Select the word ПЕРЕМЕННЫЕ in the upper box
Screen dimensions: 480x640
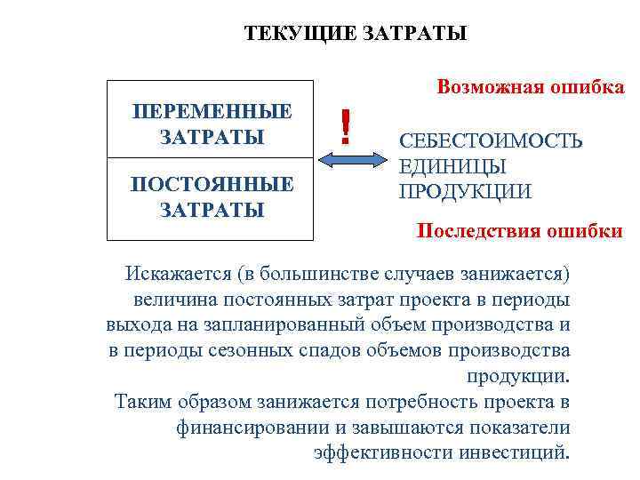(x=211, y=113)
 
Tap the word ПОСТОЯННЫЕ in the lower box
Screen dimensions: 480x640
(x=211, y=185)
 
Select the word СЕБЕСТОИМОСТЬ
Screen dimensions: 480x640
(x=491, y=141)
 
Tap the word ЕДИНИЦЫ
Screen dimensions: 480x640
(x=453, y=166)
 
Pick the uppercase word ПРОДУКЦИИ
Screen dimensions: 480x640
(x=465, y=191)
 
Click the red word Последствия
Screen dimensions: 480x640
(x=476, y=232)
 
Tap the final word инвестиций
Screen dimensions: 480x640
(x=513, y=452)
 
